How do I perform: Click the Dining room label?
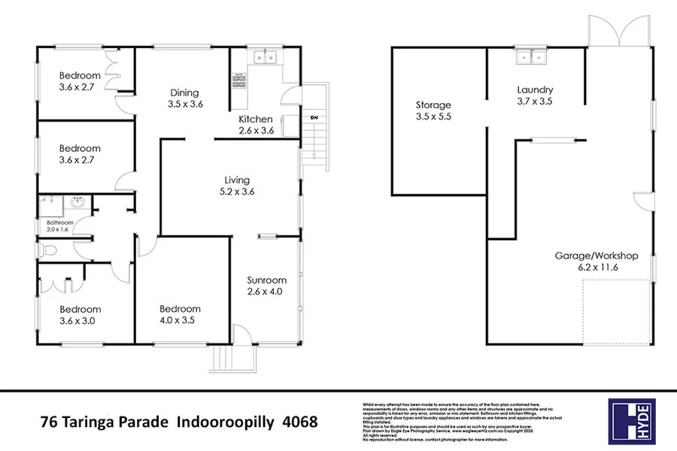click(x=186, y=98)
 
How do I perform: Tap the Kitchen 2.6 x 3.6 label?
click(x=255, y=125)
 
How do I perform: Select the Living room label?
click(x=236, y=186)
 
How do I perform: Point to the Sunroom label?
click(x=265, y=286)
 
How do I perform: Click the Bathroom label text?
click(x=59, y=227)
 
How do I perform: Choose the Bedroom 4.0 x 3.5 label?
click(x=180, y=314)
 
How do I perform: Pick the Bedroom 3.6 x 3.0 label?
click(x=80, y=315)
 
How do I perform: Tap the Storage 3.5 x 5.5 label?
click(x=433, y=110)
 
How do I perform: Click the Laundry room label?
click(x=535, y=95)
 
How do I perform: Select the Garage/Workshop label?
click(x=597, y=261)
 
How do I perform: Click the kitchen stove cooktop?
click(x=239, y=81)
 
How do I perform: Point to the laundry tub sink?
click(x=531, y=56)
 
